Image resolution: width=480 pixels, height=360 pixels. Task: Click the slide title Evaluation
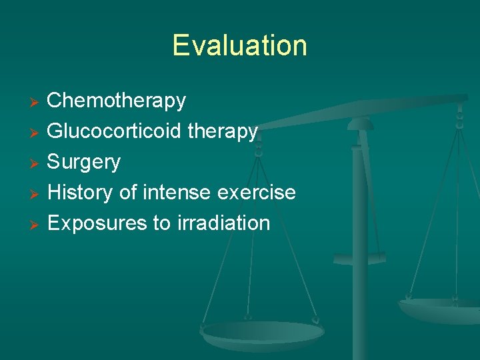click(x=239, y=45)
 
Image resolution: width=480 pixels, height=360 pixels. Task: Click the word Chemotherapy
click(x=117, y=101)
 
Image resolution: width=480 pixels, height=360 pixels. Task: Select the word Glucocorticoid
click(x=114, y=131)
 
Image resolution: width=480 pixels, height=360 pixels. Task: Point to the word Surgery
click(x=84, y=163)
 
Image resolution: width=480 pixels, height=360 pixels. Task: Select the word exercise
click(x=261, y=193)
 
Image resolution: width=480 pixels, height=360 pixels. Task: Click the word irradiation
click(x=223, y=223)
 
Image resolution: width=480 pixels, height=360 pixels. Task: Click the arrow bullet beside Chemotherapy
click(x=37, y=102)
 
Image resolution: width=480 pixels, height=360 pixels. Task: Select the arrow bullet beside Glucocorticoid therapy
click(x=37, y=133)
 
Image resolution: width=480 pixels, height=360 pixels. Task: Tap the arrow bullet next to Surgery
click(x=37, y=163)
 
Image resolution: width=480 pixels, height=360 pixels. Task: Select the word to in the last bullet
click(x=162, y=223)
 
